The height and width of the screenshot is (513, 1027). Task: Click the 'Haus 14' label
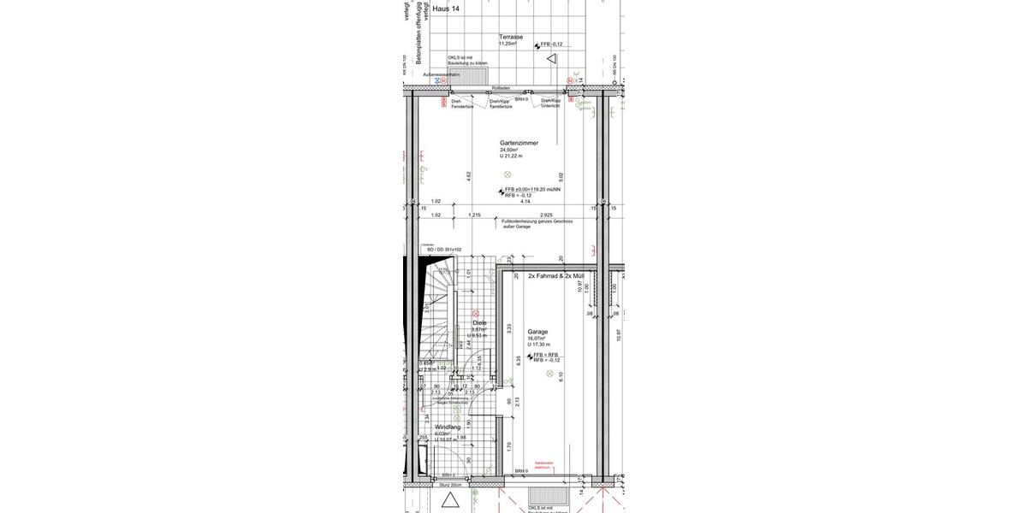[446, 9]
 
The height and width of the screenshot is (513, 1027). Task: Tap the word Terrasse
[511, 37]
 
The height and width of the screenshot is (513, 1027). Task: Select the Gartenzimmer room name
[519, 143]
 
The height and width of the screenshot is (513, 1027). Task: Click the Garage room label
[537, 332]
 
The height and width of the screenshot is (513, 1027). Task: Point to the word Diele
[479, 322]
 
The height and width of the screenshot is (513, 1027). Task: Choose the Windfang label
[448, 427]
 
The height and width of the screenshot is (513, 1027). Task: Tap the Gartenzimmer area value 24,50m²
[510, 150]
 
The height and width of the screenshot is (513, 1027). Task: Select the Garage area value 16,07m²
[537, 339]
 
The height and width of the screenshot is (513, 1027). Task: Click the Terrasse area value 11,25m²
[508, 44]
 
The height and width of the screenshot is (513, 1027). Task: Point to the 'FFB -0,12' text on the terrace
[551, 44]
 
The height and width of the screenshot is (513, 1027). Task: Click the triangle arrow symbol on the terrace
[552, 59]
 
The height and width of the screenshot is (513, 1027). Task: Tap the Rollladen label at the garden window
[502, 88]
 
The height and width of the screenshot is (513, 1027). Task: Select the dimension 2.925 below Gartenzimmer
[546, 215]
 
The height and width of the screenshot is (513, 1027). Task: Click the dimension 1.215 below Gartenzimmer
[474, 215]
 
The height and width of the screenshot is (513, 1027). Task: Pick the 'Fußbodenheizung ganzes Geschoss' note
[537, 221]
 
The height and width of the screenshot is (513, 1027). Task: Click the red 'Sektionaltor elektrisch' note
[544, 465]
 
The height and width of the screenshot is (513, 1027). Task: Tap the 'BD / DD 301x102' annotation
[444, 250]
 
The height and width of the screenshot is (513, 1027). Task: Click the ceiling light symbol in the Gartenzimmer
[508, 174]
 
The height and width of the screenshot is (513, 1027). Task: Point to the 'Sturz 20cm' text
[450, 485]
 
